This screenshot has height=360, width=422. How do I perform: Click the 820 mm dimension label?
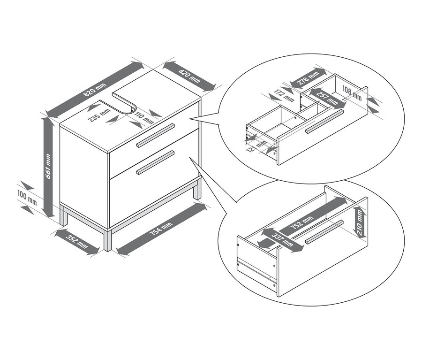pyautogui.click(x=95, y=90)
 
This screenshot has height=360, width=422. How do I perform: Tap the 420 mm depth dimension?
pyautogui.click(x=189, y=76)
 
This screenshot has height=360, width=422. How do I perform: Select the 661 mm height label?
pyautogui.click(x=48, y=166)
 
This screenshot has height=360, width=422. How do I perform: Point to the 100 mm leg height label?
pyautogui.click(x=27, y=197)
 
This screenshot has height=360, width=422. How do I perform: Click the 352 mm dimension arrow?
pyautogui.click(x=77, y=241)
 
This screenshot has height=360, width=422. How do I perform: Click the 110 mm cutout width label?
pyautogui.click(x=144, y=118)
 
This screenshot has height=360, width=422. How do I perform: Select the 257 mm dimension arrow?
pyautogui.click(x=326, y=99)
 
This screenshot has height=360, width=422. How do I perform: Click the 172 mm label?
pyautogui.click(x=284, y=95)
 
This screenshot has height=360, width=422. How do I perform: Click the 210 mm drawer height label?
pyautogui.click(x=360, y=222)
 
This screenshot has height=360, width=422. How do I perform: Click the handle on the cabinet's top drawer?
pyautogui.click(x=156, y=135)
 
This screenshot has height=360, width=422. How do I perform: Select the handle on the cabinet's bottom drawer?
pyautogui.click(x=156, y=162)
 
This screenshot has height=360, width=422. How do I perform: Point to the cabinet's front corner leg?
pyautogui.click(x=108, y=240)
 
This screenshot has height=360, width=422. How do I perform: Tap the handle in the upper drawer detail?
pyautogui.click(x=324, y=121)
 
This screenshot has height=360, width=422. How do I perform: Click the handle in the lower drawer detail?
pyautogui.click(x=324, y=232)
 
